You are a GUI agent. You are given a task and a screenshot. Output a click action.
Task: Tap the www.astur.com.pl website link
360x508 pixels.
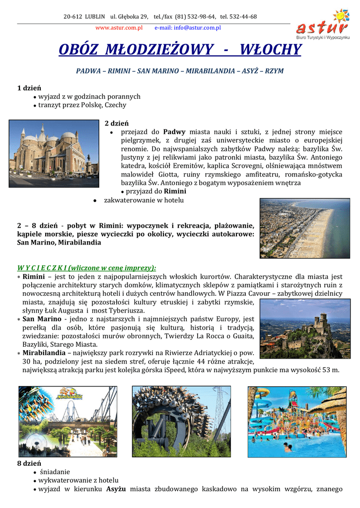(x=119, y=28)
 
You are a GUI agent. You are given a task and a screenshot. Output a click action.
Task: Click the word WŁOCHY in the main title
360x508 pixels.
(x=270, y=50)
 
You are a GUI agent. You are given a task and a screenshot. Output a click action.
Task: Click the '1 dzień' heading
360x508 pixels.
(x=29, y=88)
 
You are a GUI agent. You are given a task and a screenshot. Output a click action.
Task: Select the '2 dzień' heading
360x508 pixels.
(x=117, y=123)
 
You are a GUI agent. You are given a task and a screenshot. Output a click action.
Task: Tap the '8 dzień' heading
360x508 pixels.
(x=29, y=463)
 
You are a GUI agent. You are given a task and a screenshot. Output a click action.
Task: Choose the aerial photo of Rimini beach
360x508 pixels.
(x=304, y=228)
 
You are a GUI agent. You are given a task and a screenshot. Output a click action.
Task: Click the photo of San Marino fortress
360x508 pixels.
(x=304, y=328)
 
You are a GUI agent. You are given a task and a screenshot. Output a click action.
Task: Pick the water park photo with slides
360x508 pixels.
(x=296, y=422)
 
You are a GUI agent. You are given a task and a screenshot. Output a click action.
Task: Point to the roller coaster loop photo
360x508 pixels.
(x=181, y=422)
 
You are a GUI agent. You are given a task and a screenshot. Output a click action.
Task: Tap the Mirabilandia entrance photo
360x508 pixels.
(x=68, y=422)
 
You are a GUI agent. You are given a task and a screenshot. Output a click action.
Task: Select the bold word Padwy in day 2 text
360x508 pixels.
(x=174, y=132)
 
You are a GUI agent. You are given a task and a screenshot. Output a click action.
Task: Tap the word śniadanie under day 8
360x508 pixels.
(x=55, y=472)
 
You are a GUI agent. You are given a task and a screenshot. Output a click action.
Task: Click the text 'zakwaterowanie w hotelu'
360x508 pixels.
(x=144, y=200)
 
